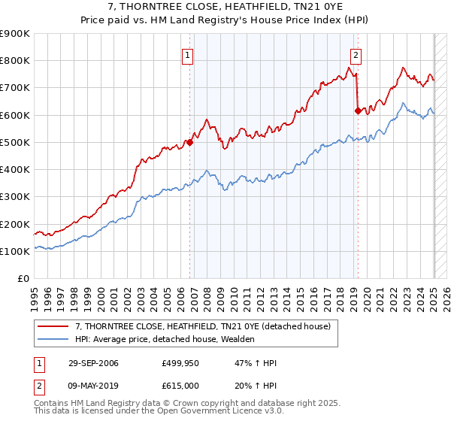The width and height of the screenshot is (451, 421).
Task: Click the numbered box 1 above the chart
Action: (x=186, y=54)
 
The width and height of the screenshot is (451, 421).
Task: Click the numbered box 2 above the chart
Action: (x=355, y=54)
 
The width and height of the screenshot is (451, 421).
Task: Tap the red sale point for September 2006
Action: (x=190, y=141)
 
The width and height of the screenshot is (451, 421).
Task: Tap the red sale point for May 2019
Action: (x=358, y=111)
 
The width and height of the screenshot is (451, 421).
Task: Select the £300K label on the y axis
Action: (x=16, y=197)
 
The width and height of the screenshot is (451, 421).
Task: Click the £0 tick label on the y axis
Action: (x=23, y=278)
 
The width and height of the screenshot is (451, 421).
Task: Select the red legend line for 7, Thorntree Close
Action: (x=53, y=326)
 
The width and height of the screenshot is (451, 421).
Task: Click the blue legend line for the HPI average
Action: (x=53, y=340)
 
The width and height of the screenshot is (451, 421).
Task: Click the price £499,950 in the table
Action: (x=181, y=364)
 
